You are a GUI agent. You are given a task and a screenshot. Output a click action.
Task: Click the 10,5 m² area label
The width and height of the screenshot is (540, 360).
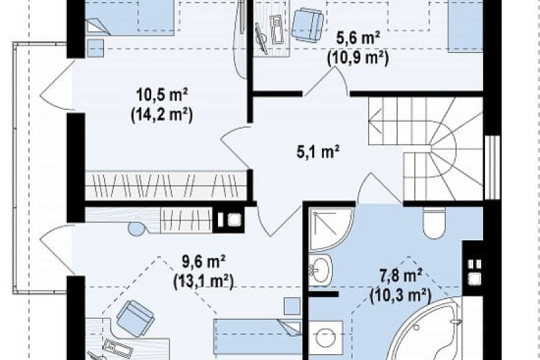[x=162, y=95]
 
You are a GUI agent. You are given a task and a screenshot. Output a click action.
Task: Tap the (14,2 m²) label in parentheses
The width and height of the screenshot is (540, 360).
[x=162, y=115]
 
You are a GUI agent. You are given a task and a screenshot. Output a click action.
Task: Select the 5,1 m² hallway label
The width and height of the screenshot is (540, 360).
[x=318, y=152]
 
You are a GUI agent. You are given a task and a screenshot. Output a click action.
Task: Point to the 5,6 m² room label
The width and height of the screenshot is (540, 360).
[x=358, y=38]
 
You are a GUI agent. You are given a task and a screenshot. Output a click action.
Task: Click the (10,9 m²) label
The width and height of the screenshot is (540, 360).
[x=358, y=58]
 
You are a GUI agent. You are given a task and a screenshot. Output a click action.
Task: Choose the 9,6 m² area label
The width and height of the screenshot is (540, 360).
[x=204, y=262]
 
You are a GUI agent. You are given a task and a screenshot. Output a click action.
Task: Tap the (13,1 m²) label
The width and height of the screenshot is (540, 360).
[x=204, y=282]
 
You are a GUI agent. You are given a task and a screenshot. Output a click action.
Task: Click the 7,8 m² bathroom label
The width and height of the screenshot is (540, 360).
[x=401, y=276]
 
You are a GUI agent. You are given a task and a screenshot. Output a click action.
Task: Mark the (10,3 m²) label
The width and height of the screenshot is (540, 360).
[x=401, y=296]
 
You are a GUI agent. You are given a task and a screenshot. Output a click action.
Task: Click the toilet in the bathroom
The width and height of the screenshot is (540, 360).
[x=434, y=223]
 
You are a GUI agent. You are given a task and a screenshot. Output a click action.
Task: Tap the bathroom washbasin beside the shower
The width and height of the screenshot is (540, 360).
[x=320, y=270]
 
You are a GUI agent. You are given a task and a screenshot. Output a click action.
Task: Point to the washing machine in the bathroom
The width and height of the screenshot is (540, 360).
[x=326, y=338]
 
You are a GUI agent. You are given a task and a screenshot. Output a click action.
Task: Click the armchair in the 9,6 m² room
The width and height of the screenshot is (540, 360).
[x=135, y=318]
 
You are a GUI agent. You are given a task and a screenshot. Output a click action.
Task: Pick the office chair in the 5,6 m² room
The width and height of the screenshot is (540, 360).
[x=308, y=24]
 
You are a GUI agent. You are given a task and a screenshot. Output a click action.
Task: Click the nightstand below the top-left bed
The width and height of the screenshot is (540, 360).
[x=95, y=48]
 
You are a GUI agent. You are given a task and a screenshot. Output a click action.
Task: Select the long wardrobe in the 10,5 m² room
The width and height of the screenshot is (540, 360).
[x=166, y=185]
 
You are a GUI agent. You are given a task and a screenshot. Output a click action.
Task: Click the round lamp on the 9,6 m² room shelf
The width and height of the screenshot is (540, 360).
[x=136, y=229]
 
